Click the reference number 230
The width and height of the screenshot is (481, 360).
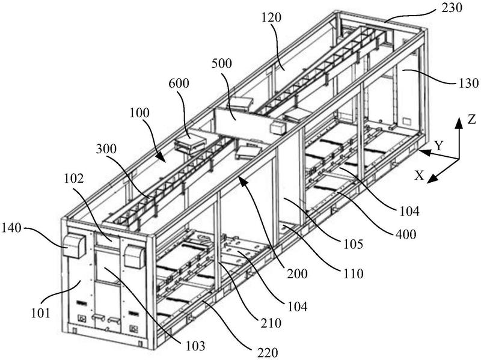tap(452, 7)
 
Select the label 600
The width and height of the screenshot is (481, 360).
tap(179, 83)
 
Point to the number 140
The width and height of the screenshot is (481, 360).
tap(11, 228)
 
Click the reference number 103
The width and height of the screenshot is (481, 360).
tap(195, 346)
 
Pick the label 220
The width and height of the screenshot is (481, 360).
tap(268, 352)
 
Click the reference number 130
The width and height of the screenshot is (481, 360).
tap(468, 83)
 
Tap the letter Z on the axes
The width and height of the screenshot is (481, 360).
tap(471, 119)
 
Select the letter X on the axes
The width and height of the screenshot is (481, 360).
tap(419, 175)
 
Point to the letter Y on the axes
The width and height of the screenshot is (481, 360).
tap(439, 146)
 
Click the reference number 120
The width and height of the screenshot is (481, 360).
tap(272, 17)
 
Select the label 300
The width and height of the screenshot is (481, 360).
tap(106, 148)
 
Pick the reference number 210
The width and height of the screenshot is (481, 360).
tap(271, 323)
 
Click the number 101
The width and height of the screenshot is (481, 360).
tap(40, 313)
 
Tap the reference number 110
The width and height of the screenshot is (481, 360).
tap(353, 273)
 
